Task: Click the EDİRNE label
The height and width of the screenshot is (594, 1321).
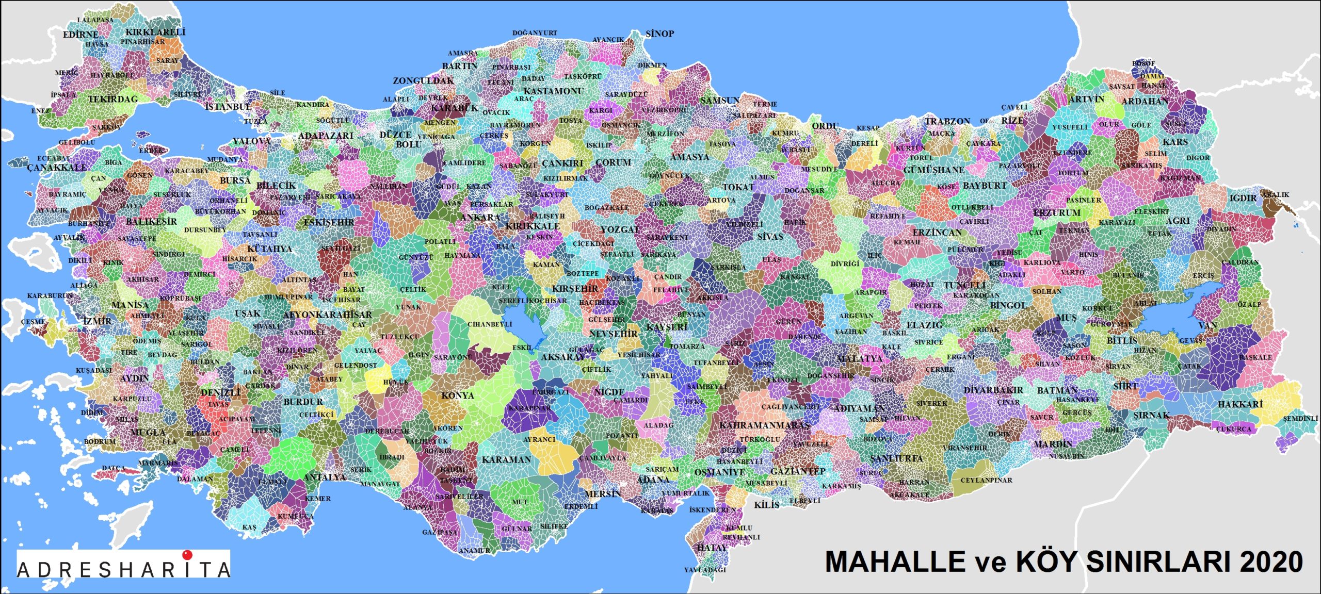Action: click(80, 35)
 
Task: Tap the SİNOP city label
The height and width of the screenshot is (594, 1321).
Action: click(659, 34)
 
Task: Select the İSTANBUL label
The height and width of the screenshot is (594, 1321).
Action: click(228, 107)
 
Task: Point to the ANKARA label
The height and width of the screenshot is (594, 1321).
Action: click(480, 217)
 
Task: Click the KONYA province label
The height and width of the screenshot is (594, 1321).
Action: click(457, 395)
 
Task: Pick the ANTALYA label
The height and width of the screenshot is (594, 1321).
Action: click(325, 477)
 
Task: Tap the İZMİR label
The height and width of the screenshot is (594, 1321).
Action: click(97, 321)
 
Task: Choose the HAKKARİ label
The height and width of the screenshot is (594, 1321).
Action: click(1240, 404)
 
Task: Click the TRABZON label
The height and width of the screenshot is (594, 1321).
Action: click(947, 122)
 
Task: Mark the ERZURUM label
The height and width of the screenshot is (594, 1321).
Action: click(1057, 212)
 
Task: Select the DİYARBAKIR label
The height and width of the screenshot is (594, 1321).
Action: click(993, 390)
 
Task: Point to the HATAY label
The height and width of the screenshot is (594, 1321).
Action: click(712, 548)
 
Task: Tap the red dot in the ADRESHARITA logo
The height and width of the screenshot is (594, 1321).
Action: click(187, 555)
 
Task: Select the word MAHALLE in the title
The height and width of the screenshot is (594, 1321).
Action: click(895, 562)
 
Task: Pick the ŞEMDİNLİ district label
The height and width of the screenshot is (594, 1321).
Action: click(1300, 418)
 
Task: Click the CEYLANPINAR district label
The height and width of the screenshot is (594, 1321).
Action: click(986, 480)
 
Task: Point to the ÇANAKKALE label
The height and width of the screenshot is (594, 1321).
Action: click(57, 168)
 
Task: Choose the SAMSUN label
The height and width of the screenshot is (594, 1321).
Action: click(720, 100)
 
